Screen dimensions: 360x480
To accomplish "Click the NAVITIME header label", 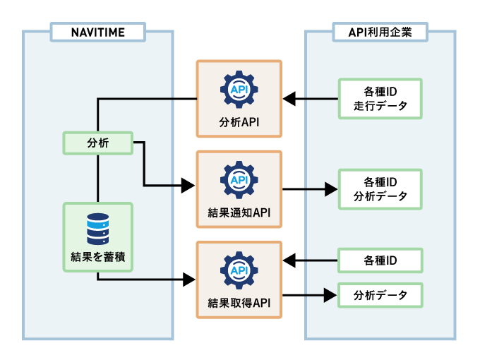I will [97, 32].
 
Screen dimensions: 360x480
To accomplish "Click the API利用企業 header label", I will [380, 32].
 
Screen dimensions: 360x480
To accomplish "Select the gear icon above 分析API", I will [239, 90].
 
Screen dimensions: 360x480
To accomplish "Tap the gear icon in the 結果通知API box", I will [239, 181].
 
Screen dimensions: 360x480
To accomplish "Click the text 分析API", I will [239, 121].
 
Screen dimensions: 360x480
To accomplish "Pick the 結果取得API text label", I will [239, 303].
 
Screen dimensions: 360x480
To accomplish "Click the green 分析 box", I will [97, 143].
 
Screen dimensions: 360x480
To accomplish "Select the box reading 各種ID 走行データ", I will [380, 99].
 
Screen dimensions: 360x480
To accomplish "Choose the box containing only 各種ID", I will [380, 260].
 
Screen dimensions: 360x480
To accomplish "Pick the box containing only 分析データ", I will [380, 294].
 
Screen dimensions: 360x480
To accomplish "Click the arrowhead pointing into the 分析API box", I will [289, 99].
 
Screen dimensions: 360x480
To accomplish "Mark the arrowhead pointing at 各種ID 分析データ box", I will [330, 189].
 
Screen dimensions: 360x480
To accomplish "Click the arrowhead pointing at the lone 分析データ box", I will [330, 294].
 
